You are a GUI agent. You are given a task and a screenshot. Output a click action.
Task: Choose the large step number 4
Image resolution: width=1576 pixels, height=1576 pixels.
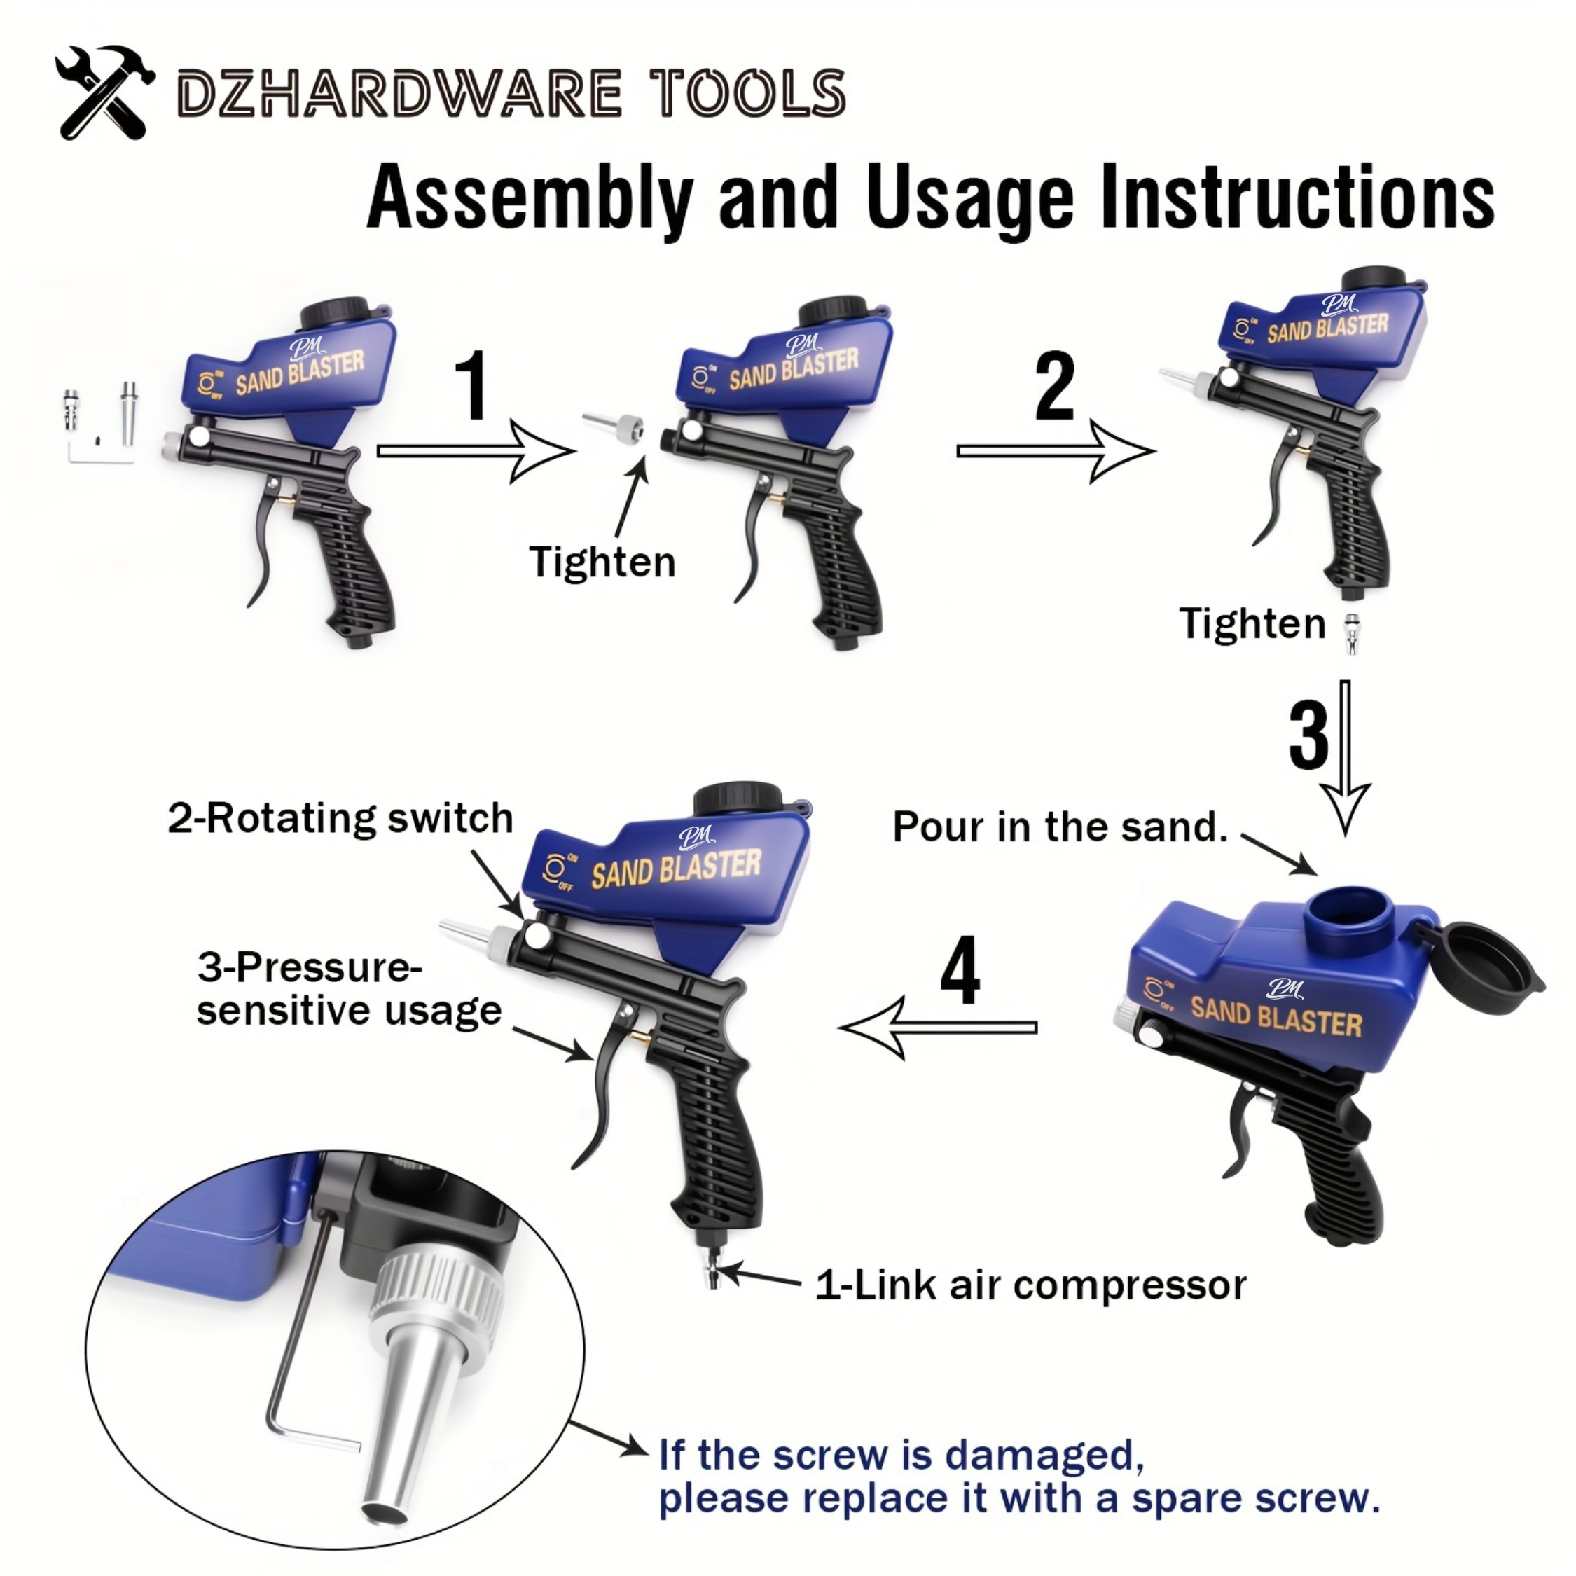pyautogui.click(x=960, y=971)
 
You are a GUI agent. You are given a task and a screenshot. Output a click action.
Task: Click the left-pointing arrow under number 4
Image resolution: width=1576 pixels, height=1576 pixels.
pyautogui.click(x=938, y=1028)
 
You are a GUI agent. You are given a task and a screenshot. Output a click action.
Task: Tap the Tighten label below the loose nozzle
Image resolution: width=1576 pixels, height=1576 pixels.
pyautogui.click(x=602, y=562)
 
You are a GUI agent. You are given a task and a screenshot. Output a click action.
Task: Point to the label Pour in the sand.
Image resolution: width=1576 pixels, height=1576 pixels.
pyautogui.click(x=1060, y=827)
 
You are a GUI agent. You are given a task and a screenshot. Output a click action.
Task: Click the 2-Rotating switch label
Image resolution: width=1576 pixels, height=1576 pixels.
pyautogui.click(x=340, y=818)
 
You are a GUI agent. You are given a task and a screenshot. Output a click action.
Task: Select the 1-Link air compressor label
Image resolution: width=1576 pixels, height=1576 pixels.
pyautogui.click(x=1030, y=1285)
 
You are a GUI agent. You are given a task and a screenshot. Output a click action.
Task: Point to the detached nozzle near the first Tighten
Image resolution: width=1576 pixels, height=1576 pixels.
pyautogui.click(x=614, y=424)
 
